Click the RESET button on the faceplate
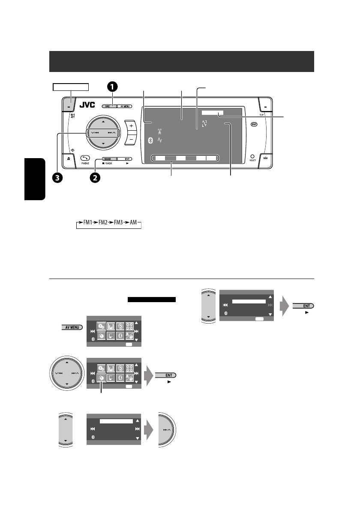(252, 156)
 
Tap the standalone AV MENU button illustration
(72, 327)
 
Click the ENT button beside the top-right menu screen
(303, 306)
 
